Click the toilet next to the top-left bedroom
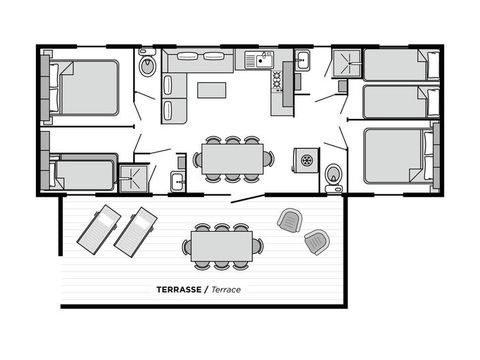point(148,67)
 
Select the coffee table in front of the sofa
point(211,90)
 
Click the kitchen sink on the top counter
point(262,59)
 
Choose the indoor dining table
point(232,158)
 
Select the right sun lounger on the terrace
point(136,230)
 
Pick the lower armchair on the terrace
point(316,240)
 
